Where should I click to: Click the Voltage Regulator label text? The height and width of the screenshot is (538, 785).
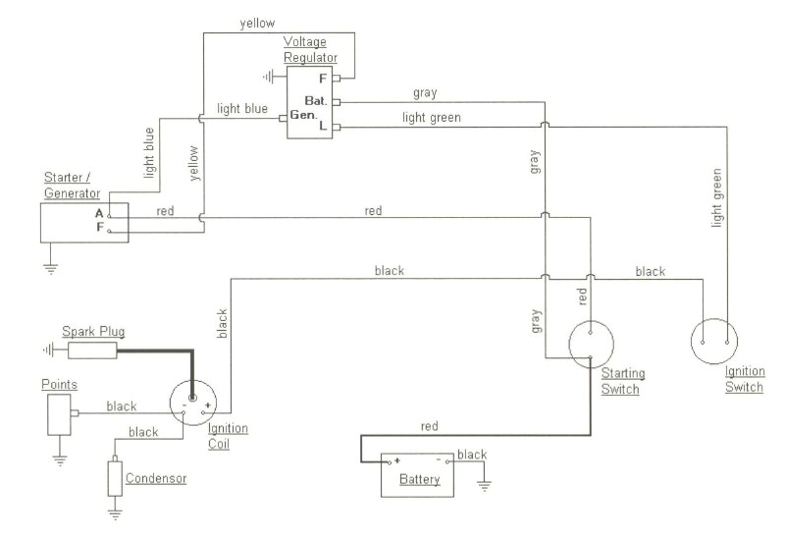coord(310,50)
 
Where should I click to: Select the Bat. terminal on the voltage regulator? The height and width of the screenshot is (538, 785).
coord(337,101)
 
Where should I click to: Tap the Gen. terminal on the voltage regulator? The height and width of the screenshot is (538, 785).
coord(283,117)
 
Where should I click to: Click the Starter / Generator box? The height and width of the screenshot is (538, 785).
coord(83,222)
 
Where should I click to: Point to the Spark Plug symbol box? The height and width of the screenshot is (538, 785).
coord(93,349)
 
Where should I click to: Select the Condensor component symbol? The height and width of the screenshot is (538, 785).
coord(115,477)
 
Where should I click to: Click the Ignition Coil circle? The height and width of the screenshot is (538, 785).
coord(194,403)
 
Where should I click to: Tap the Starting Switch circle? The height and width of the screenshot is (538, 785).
coord(592,344)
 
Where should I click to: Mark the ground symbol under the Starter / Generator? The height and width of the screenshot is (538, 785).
coord(52,263)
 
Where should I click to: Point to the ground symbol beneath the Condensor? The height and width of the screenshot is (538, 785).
coord(115,512)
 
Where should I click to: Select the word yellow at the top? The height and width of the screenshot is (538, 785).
coord(257,23)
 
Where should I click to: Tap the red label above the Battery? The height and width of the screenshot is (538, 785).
coord(429,426)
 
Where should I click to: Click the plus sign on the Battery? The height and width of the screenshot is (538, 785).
coord(397,459)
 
